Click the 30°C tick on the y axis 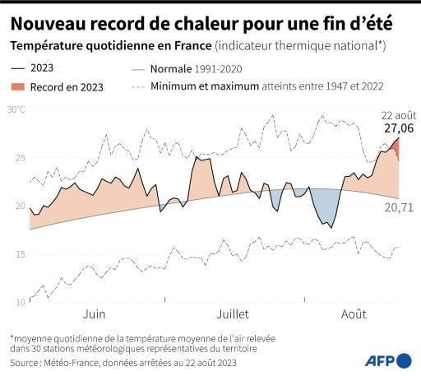point(16,109)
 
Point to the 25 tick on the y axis point(20,157)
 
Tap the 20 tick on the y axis point(20,206)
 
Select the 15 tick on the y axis point(20,254)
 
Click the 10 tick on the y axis point(20,303)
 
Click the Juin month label point(94,314)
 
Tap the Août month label point(355,314)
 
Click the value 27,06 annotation point(398,128)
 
